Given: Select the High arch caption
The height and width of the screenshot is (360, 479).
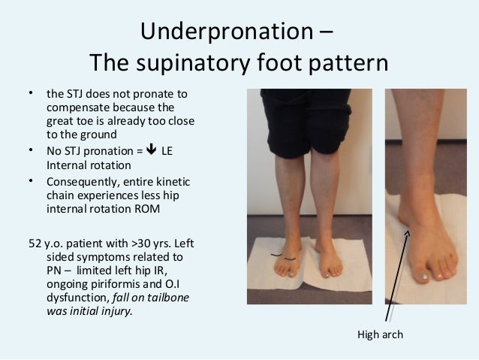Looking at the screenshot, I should point(379,334).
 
